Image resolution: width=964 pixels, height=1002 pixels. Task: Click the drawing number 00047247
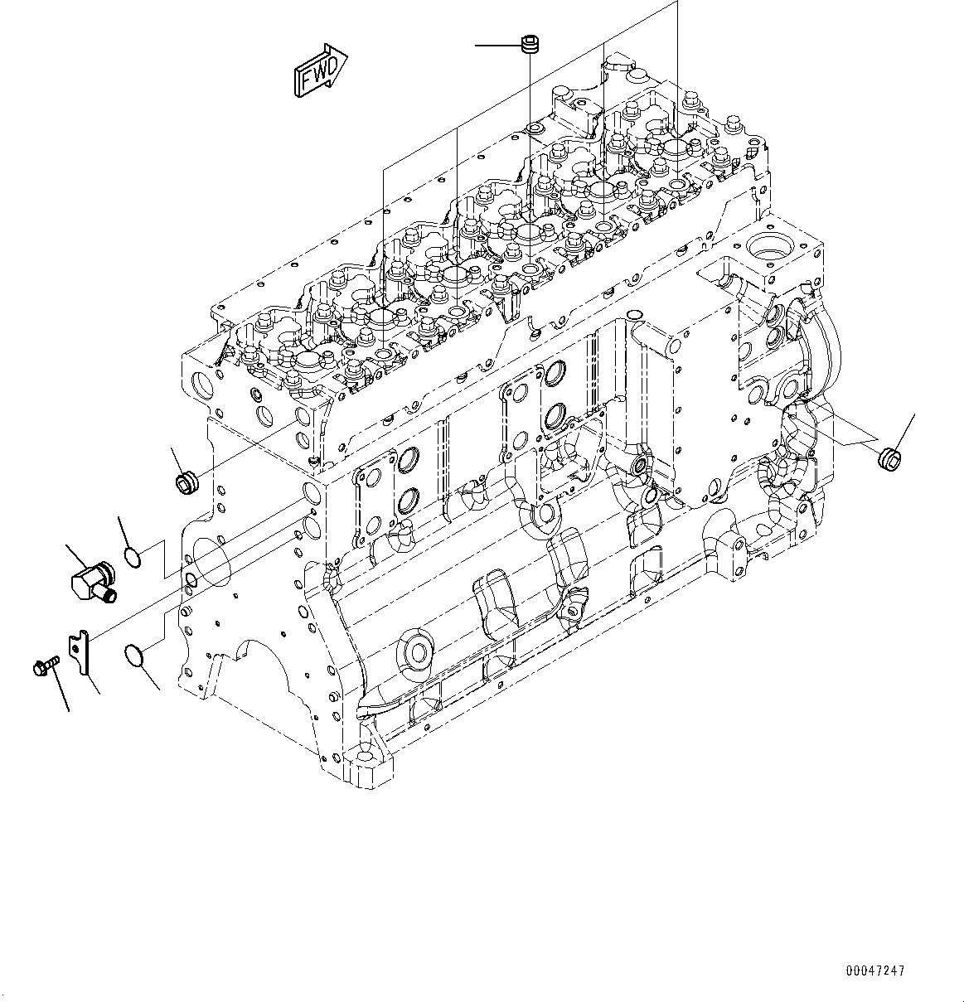875,971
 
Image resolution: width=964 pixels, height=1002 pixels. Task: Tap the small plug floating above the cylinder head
529,44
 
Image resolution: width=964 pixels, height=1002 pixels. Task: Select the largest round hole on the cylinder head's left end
203,385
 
